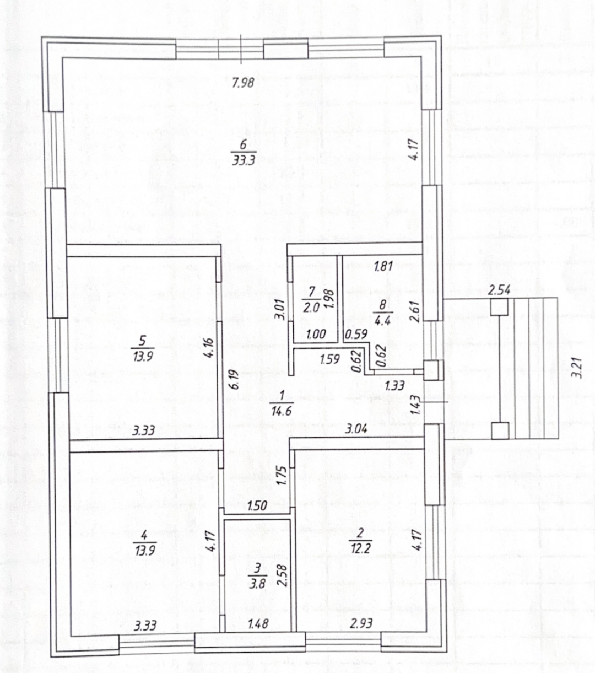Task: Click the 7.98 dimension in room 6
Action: click(243, 82)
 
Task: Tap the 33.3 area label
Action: click(244, 161)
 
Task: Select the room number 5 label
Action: click(143, 340)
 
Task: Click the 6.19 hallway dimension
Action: click(235, 379)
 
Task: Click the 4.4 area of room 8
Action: click(382, 321)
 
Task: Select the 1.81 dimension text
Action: click(383, 266)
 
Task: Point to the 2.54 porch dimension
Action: click(499, 290)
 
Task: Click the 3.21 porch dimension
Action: click(578, 368)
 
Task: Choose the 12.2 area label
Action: click(360, 548)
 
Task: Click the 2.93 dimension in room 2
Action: click(361, 623)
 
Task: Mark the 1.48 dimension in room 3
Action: click(258, 624)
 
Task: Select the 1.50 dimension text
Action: click(257, 505)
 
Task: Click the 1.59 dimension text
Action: click(329, 359)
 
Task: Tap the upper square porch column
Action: click(499, 306)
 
